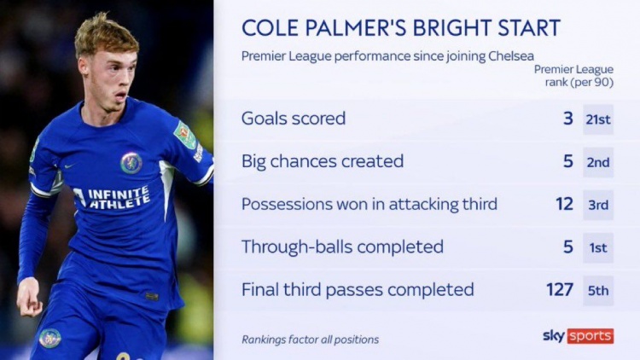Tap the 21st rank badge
coord(598,119)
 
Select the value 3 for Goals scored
coord(568,119)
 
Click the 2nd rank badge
coord(598,162)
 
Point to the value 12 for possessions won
coord(565,204)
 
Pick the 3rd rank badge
coord(598,205)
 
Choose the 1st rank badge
coord(598,247)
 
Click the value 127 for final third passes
coord(560,289)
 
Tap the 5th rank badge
coord(598,291)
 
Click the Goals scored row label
coord(294,119)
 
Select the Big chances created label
coord(323,161)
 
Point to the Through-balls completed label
coord(342,247)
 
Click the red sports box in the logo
coord(591,336)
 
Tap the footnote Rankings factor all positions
coord(311,340)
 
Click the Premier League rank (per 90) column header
coord(574,76)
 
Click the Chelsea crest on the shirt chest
coord(131,163)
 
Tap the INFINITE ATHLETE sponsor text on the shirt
coord(113,198)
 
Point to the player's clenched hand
coord(29,298)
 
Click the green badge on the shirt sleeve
coord(185,135)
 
